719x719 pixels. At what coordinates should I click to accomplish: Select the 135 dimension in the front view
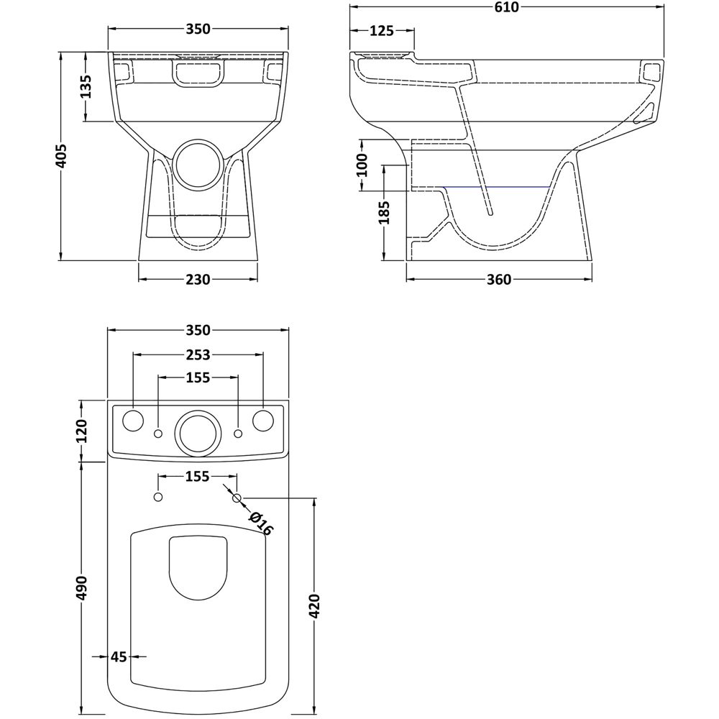(x=86, y=87)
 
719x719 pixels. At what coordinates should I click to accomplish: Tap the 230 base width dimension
(x=198, y=280)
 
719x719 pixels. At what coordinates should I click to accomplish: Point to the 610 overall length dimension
(x=506, y=7)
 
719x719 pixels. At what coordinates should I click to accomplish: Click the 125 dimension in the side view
(x=381, y=31)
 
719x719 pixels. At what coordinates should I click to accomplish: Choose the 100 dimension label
(x=362, y=165)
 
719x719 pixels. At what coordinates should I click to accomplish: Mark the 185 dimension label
(x=385, y=213)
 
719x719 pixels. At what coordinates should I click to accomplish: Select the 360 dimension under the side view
(x=498, y=280)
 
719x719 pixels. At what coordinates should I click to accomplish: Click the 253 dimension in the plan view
(x=198, y=354)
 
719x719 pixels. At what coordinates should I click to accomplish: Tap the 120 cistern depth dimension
(x=81, y=431)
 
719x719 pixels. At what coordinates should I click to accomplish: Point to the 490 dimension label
(x=81, y=587)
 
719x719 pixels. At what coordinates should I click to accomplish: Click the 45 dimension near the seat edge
(x=119, y=656)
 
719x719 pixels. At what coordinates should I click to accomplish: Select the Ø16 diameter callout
(x=260, y=523)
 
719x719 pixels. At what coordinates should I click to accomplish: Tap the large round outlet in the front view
(x=198, y=163)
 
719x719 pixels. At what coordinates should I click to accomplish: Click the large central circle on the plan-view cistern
(x=198, y=433)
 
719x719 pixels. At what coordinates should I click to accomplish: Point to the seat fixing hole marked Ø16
(x=237, y=498)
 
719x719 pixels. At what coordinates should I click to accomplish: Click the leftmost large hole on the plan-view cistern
(x=133, y=421)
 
